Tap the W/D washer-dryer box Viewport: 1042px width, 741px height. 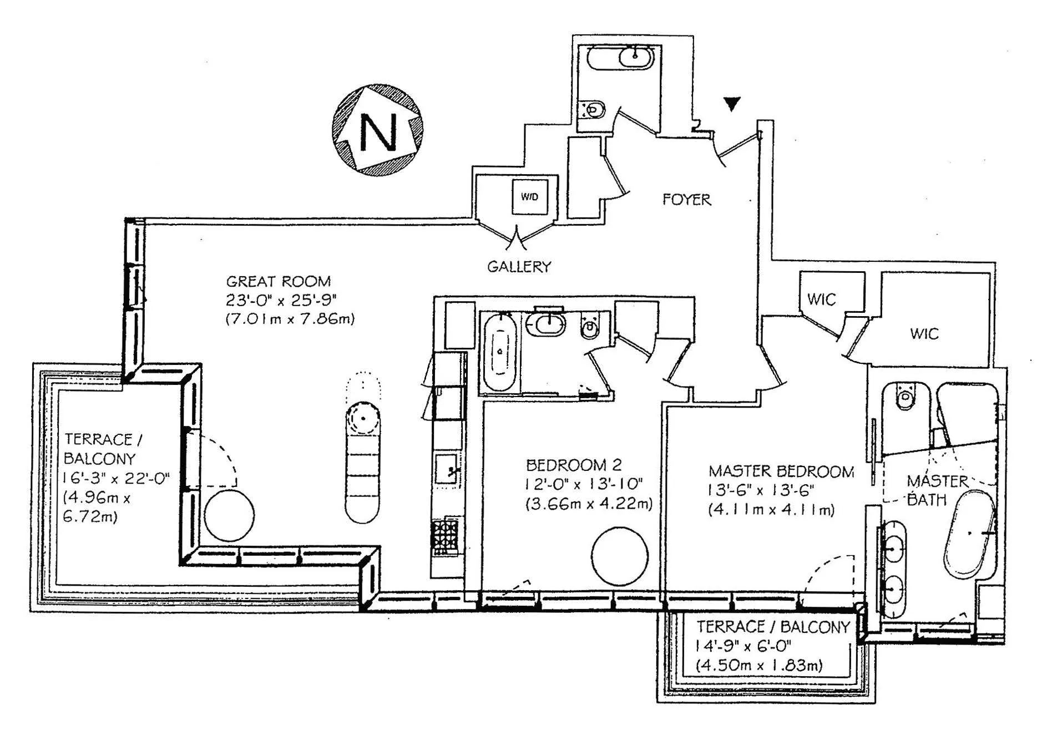[529, 197]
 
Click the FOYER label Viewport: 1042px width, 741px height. [686, 200]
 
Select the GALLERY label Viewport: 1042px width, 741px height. [519, 267]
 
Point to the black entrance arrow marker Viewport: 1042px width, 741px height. [732, 104]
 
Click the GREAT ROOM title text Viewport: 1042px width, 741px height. [278, 281]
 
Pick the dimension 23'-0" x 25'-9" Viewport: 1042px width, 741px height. [281, 300]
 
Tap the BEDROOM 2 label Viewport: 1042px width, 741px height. [573, 465]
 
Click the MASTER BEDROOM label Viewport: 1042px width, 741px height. [781, 471]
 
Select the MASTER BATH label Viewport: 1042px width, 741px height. [937, 490]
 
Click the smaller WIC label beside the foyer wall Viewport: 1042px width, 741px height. [821, 300]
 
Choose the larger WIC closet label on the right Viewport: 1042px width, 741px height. [924, 334]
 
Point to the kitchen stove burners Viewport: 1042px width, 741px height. [446, 537]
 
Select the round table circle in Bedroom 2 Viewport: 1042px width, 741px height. [619, 556]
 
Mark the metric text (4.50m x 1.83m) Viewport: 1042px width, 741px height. [759, 665]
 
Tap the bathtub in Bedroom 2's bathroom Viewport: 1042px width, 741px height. [500, 352]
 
